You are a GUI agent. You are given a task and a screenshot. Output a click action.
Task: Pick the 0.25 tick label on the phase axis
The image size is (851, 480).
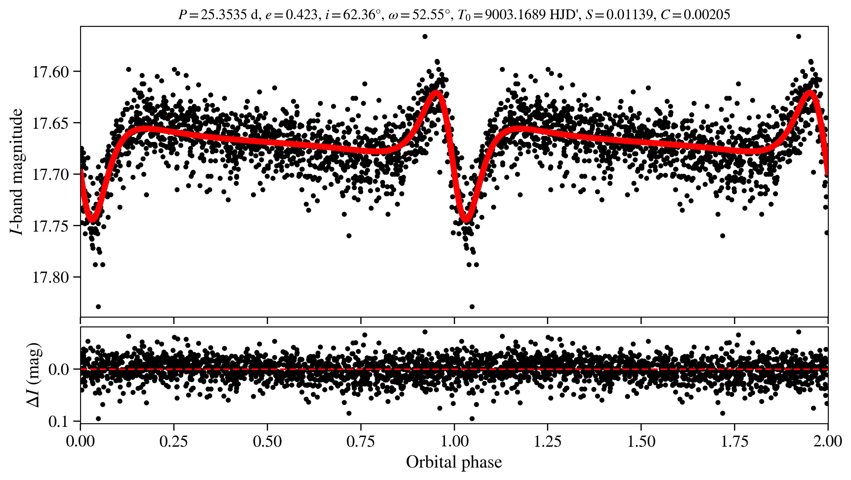[x=174, y=441]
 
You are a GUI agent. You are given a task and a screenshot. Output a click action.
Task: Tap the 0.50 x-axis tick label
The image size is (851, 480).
[x=267, y=441]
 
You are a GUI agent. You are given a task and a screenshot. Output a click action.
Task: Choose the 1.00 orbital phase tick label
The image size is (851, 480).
[x=454, y=441]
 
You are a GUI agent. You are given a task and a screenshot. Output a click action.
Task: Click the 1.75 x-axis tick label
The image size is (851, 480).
[x=734, y=441]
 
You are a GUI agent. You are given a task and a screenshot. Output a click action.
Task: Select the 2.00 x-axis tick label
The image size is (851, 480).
[x=827, y=441]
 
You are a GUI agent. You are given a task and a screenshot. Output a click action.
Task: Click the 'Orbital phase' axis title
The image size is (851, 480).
[x=454, y=462]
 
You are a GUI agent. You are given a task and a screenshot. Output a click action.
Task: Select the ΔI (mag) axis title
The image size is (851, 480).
[x=35, y=375]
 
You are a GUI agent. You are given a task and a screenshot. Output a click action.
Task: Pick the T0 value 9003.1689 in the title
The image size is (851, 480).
[x=515, y=15]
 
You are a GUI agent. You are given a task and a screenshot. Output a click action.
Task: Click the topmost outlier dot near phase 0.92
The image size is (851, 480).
[x=425, y=36]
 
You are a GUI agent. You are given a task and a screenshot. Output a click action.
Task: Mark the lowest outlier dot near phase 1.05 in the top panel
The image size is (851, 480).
[x=472, y=307]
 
